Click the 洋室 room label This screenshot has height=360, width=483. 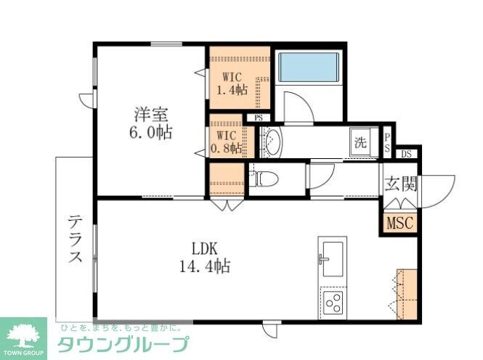tap(151, 114)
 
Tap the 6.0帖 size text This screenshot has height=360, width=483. tap(151, 133)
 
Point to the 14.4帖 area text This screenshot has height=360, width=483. tap(205, 266)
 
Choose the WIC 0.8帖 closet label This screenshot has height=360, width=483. tap(227, 141)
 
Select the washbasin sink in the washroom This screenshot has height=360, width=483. tap(271, 141)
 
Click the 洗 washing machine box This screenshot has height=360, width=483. tap(360, 141)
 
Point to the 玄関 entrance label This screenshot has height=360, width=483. tap(399, 184)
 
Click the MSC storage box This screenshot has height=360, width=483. tap(399, 223)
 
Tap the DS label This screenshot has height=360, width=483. tap(407, 153)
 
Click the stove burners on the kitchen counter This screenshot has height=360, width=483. tap(333, 300)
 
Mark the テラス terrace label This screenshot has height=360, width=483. tap(76, 239)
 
